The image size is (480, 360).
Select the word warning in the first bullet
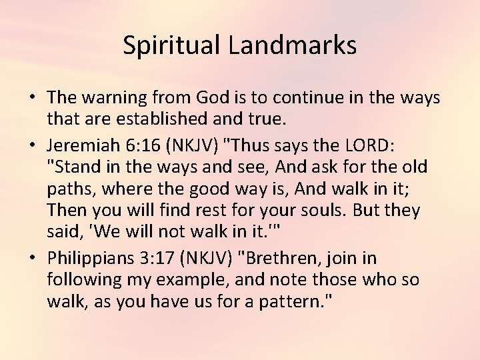pos(113,98)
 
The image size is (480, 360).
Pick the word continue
pos(308,98)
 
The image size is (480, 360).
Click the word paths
pos(69,189)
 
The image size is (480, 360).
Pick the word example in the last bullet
pos(189,279)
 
